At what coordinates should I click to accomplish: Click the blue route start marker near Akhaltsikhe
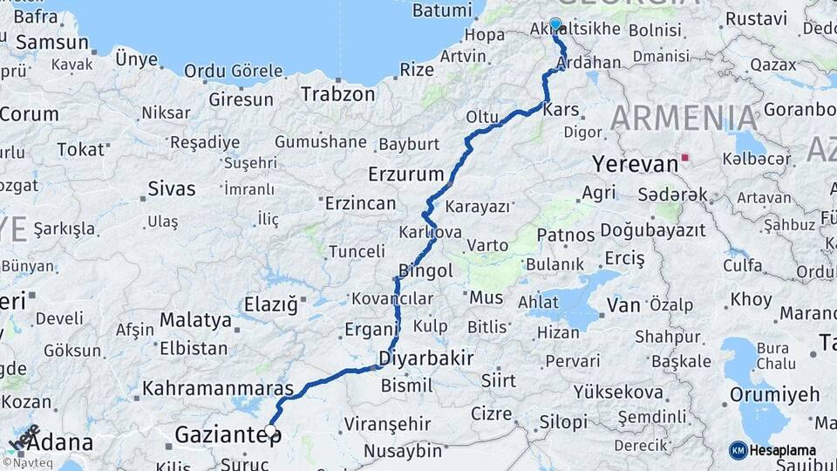555,24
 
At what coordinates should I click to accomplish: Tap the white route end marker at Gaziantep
270,430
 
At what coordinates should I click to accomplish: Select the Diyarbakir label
426,358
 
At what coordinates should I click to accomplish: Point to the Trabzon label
337,94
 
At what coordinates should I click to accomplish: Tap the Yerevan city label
635,164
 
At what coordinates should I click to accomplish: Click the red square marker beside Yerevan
686,158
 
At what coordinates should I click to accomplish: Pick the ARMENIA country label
684,117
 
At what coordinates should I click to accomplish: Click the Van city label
623,304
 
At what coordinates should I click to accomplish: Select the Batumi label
441,10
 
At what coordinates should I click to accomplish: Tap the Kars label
561,111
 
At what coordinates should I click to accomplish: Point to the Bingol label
425,270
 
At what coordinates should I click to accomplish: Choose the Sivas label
171,188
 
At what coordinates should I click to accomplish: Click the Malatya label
195,319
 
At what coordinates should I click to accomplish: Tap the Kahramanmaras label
217,387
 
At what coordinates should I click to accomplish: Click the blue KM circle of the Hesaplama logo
738,450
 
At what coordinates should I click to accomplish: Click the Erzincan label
360,203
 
